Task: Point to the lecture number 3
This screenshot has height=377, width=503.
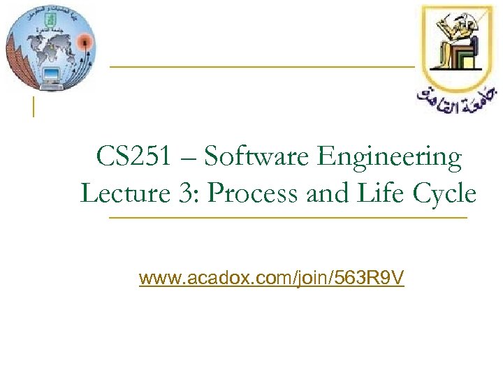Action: coord(187,192)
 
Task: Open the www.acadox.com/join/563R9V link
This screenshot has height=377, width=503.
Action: coord(271,279)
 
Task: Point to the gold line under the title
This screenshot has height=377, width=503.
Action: coord(287,219)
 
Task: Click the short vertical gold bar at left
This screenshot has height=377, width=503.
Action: coord(33,107)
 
